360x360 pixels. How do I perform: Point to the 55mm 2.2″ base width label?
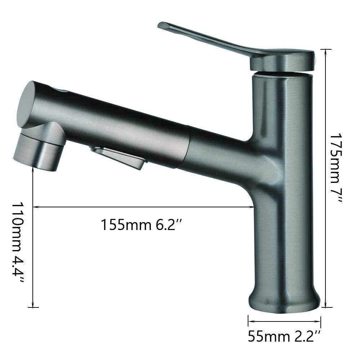[284, 337]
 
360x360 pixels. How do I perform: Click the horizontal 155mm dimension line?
[144, 207]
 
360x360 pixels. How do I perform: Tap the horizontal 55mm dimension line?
[284, 321]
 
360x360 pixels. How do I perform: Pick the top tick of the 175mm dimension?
[326, 49]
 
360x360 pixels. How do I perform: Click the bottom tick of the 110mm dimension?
[33, 307]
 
